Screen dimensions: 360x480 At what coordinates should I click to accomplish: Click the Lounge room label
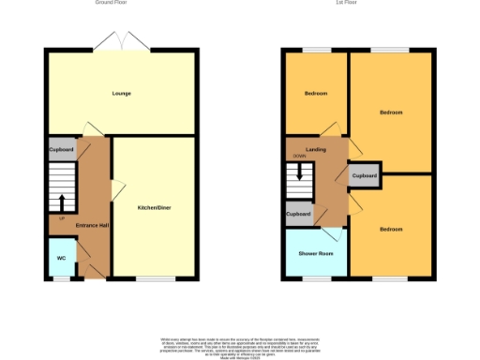pyautogui.click(x=121, y=94)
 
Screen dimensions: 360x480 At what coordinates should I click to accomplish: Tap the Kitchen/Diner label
pyautogui.click(x=154, y=207)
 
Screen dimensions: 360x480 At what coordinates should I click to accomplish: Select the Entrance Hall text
pyautogui.click(x=92, y=226)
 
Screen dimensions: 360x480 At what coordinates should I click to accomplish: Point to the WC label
pyautogui.click(x=61, y=258)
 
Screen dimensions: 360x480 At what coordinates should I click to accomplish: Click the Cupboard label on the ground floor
pyautogui.click(x=61, y=149)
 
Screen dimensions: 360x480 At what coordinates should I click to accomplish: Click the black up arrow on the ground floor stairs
pyautogui.click(x=62, y=202)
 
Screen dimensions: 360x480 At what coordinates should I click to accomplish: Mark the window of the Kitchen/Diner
pyautogui.click(x=150, y=278)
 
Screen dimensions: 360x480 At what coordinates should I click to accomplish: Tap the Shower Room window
pyautogui.click(x=316, y=278)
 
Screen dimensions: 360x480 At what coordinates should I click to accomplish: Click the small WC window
pyautogui.click(x=61, y=278)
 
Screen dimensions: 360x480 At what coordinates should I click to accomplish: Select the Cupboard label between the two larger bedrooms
pyautogui.click(x=365, y=176)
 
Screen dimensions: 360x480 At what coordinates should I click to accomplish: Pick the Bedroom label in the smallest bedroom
pyautogui.click(x=315, y=94)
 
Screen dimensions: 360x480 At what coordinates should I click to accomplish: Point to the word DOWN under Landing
pyautogui.click(x=299, y=157)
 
